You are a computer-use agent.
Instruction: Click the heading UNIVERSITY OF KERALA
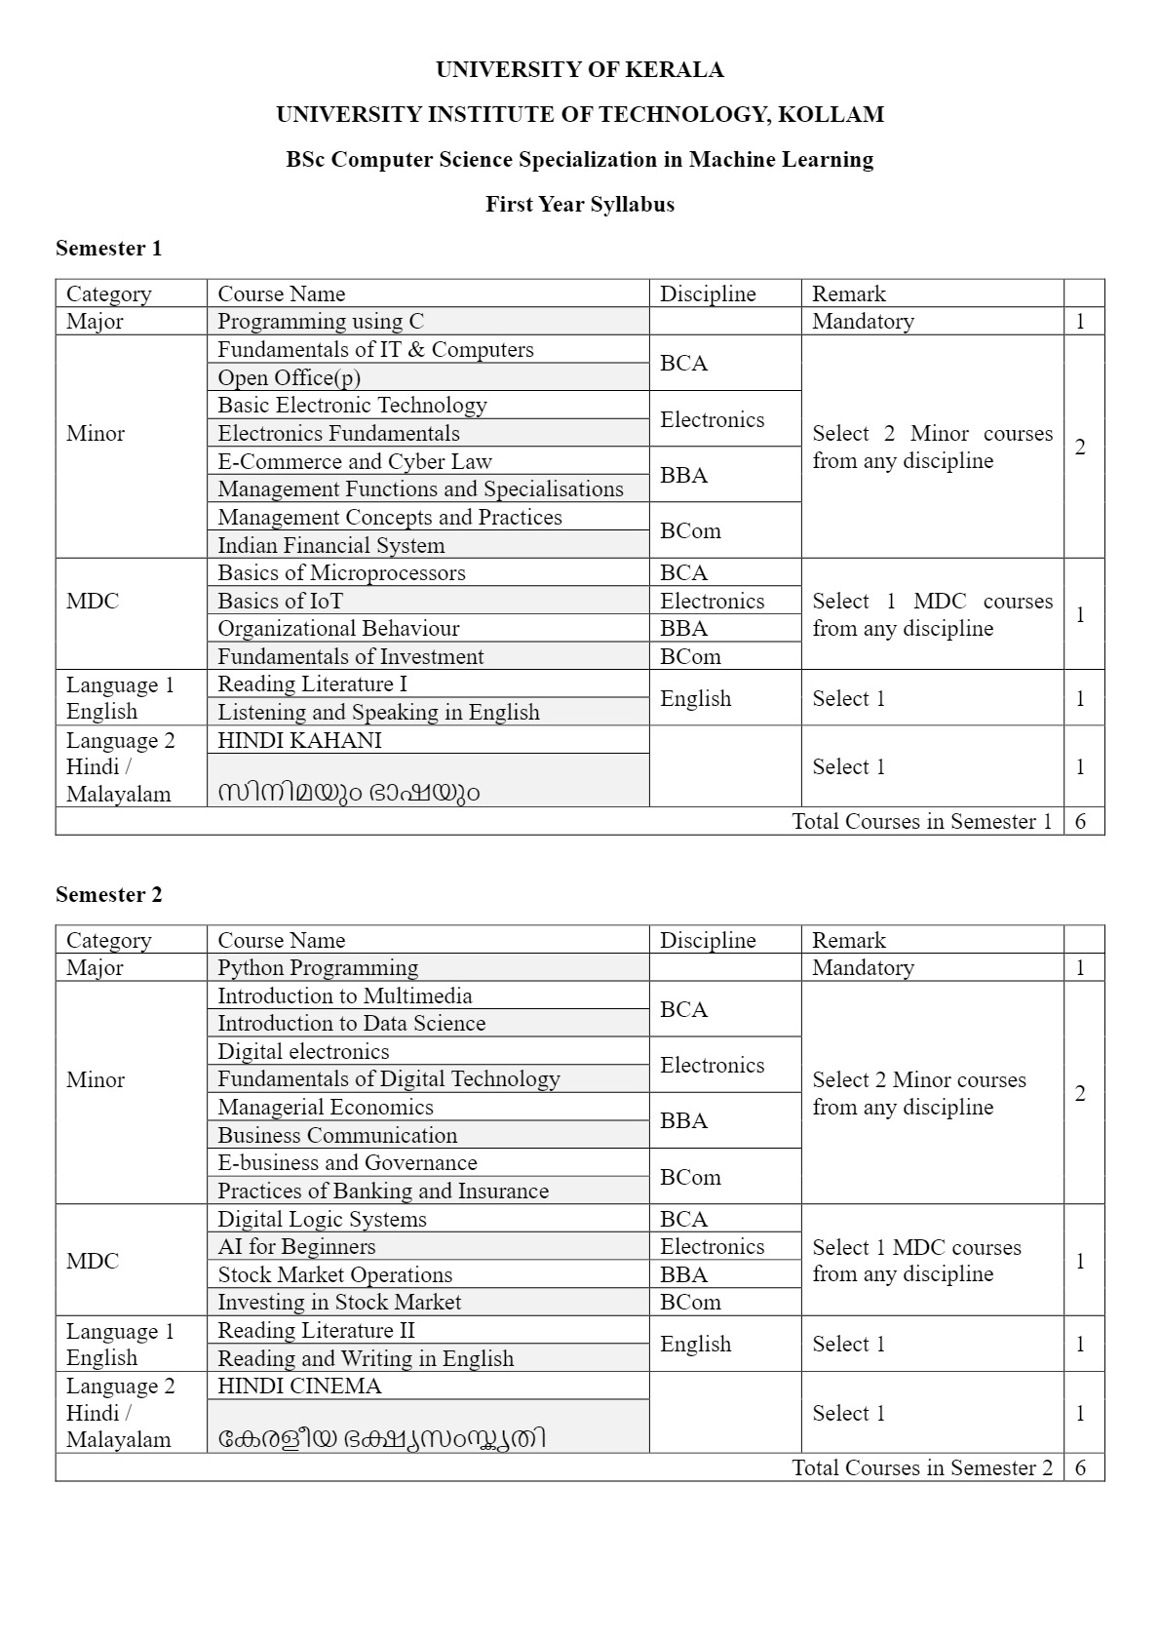(x=579, y=69)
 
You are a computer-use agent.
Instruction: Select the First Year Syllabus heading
(x=579, y=204)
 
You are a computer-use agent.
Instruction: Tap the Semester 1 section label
(x=108, y=248)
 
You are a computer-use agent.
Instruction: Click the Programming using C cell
(x=321, y=321)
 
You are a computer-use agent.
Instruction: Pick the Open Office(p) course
(x=289, y=377)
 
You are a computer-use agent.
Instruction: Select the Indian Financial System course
(x=330, y=545)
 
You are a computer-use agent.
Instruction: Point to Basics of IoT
(x=280, y=601)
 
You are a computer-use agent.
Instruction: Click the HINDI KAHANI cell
(x=299, y=740)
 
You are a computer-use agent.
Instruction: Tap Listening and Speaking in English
(x=378, y=712)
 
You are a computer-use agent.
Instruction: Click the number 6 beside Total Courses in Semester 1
(x=1080, y=821)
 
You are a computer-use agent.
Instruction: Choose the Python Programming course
(x=318, y=967)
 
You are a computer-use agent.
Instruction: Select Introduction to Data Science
(x=351, y=1023)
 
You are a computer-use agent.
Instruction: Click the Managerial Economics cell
(x=326, y=1107)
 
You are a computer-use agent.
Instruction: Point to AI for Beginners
(x=296, y=1246)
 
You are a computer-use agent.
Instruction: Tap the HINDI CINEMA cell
(x=299, y=1386)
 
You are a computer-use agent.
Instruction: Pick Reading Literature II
(x=316, y=1330)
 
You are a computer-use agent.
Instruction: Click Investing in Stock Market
(x=339, y=1302)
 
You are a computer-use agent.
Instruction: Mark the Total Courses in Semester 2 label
(x=922, y=1467)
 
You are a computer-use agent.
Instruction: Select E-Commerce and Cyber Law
(x=355, y=461)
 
